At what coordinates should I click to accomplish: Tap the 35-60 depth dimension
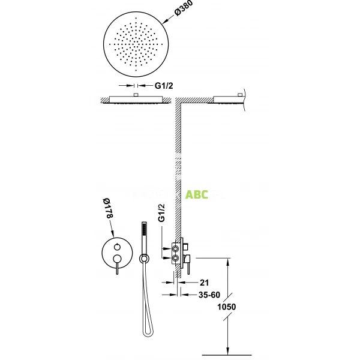coord(208,295)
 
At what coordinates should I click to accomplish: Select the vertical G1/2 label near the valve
coord(161,228)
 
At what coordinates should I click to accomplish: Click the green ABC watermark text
coord(197,194)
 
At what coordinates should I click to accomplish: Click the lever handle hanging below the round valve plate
coord(118,268)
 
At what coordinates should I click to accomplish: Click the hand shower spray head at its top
coord(143,228)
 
